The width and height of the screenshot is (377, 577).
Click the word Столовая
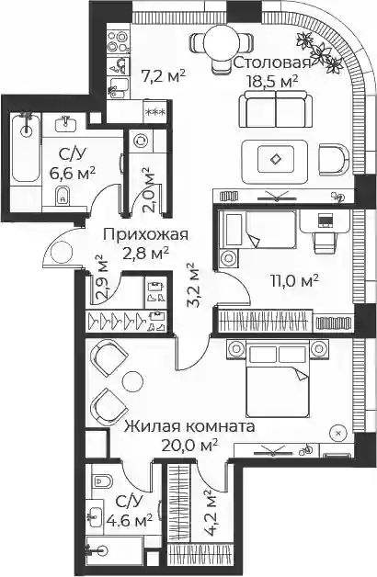click(272, 62)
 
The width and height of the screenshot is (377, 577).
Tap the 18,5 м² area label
click(272, 80)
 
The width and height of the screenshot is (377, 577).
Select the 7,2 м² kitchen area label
click(163, 76)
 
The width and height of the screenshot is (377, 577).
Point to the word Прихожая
click(145, 234)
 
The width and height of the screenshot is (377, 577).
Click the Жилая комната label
click(189, 427)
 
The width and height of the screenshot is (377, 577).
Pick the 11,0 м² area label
click(294, 281)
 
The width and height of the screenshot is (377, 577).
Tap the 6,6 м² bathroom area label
click(73, 172)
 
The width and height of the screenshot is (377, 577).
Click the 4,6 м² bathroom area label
click(130, 521)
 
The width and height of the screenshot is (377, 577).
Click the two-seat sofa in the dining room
click(276, 109)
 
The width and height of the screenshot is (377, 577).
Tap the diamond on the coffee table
click(275, 159)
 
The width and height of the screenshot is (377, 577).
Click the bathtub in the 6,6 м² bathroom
click(26, 148)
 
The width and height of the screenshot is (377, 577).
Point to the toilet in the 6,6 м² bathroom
click(63, 195)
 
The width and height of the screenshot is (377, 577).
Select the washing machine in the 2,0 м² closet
click(141, 141)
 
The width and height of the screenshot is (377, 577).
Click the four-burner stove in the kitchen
click(119, 40)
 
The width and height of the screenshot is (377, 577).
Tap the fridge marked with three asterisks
click(154, 112)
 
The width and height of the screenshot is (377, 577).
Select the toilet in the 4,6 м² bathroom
click(102, 481)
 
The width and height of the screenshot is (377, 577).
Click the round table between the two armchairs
click(132, 382)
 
